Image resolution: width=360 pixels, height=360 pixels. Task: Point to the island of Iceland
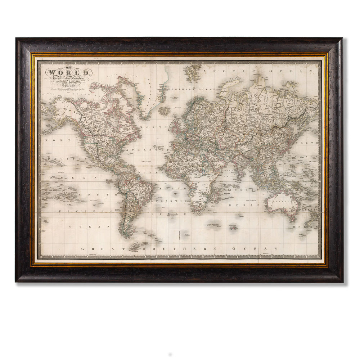pos(165,111)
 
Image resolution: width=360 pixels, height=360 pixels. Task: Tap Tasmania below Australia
pos(288,219)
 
